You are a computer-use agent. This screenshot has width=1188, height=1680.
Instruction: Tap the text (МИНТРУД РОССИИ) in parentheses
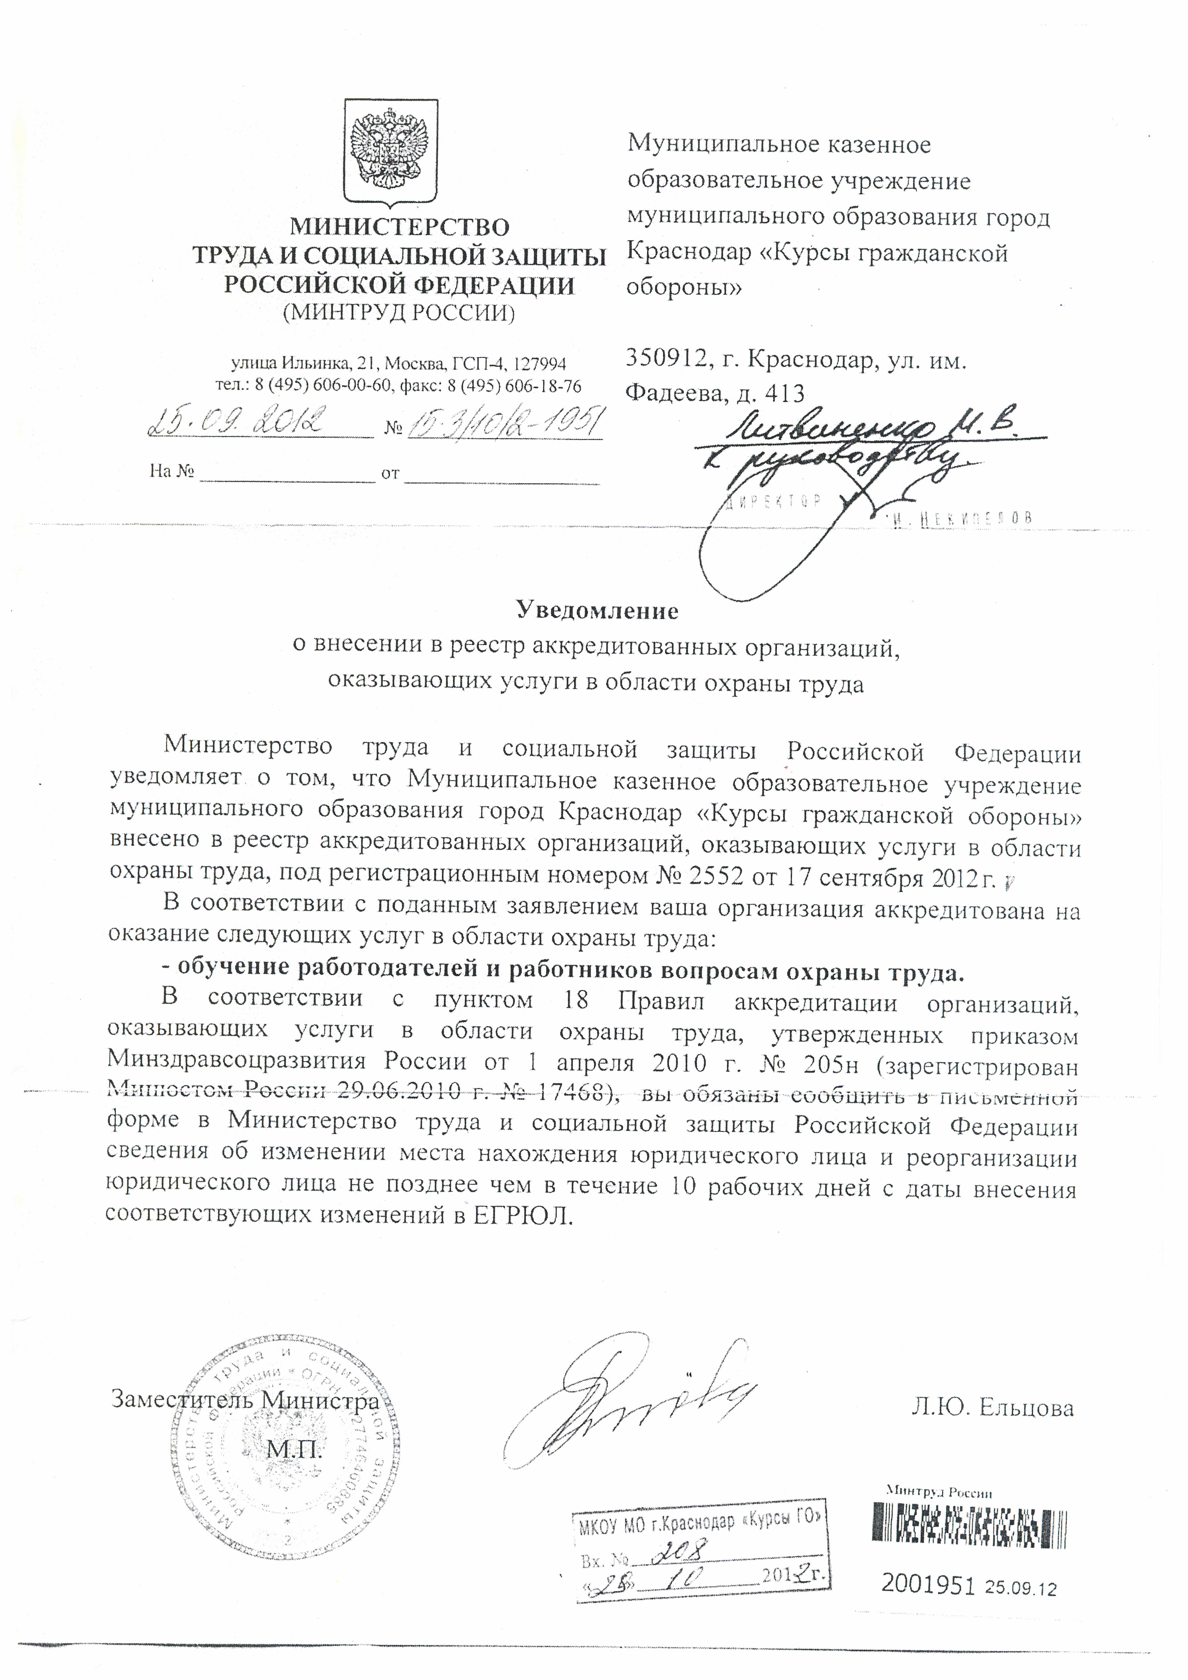399,312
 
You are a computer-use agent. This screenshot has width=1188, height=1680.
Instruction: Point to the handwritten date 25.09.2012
236,423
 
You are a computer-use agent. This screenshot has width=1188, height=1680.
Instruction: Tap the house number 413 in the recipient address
784,394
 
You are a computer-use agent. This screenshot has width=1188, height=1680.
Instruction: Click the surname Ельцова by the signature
1026,1407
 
